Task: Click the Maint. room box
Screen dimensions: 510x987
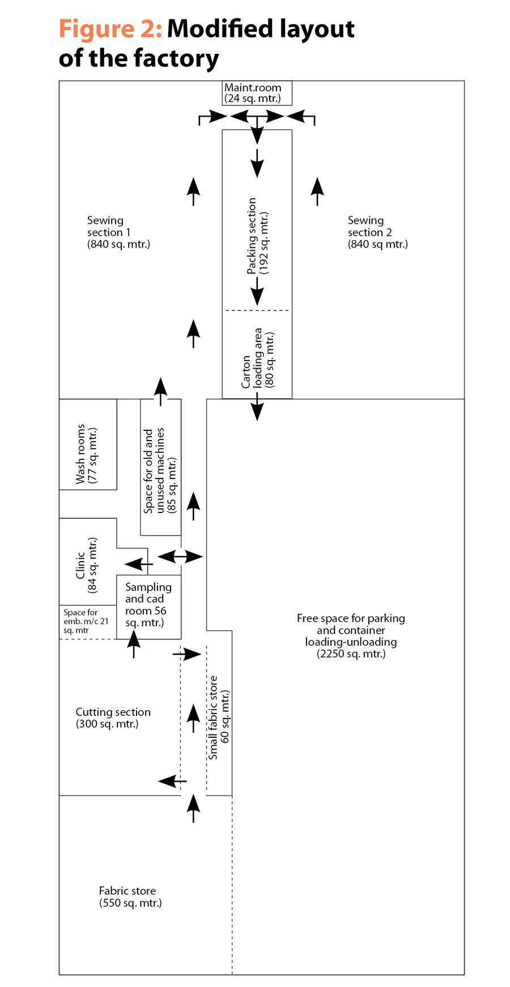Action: tap(257, 93)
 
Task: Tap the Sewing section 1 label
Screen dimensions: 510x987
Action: tap(118, 232)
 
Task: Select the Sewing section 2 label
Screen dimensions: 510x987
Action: tap(377, 232)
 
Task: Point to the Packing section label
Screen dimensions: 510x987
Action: tap(257, 236)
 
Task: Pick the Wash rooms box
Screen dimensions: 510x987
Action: tap(88, 445)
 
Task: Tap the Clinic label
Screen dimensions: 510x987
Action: tap(86, 565)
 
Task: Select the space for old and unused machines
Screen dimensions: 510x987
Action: tap(161, 467)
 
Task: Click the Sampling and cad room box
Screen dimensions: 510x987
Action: tap(148, 607)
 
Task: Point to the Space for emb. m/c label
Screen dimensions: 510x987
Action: tap(86, 621)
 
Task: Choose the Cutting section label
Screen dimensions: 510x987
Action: tap(113, 718)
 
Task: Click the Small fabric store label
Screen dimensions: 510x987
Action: tap(218, 717)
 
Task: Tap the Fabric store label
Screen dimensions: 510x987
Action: tap(130, 897)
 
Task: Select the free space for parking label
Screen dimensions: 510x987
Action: tap(351, 636)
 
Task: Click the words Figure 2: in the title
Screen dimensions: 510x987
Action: tap(110, 29)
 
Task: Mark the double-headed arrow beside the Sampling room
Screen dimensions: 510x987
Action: tap(180, 557)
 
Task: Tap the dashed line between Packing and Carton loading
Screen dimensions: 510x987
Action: tap(257, 310)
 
